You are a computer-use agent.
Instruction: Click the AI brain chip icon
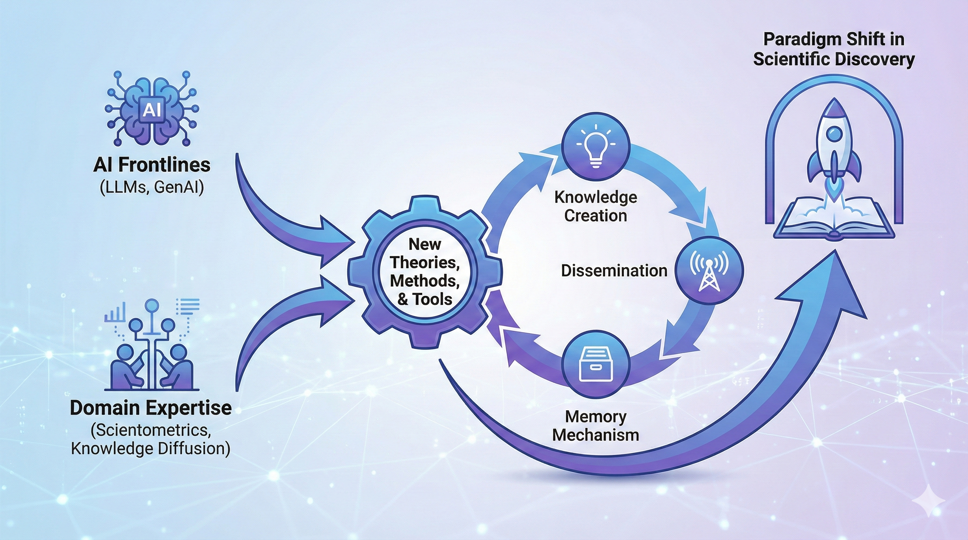[x=152, y=109]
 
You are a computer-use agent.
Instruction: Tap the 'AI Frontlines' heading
[x=152, y=165]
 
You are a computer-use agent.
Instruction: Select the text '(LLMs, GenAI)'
[x=152, y=187]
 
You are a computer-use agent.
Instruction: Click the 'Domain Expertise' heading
[x=151, y=407]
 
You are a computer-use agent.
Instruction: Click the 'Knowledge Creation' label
[x=596, y=206]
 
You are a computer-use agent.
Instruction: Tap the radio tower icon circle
[x=709, y=270]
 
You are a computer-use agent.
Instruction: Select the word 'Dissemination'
[x=614, y=270]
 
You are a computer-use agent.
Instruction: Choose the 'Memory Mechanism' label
[x=596, y=426]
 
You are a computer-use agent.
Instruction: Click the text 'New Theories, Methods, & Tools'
[x=425, y=271]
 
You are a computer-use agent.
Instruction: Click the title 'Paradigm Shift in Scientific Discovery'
[x=834, y=49]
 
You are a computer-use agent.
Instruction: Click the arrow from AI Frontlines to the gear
[x=278, y=214]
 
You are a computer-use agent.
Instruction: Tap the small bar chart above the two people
[x=115, y=312]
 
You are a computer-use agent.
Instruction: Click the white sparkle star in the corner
[x=929, y=501]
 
